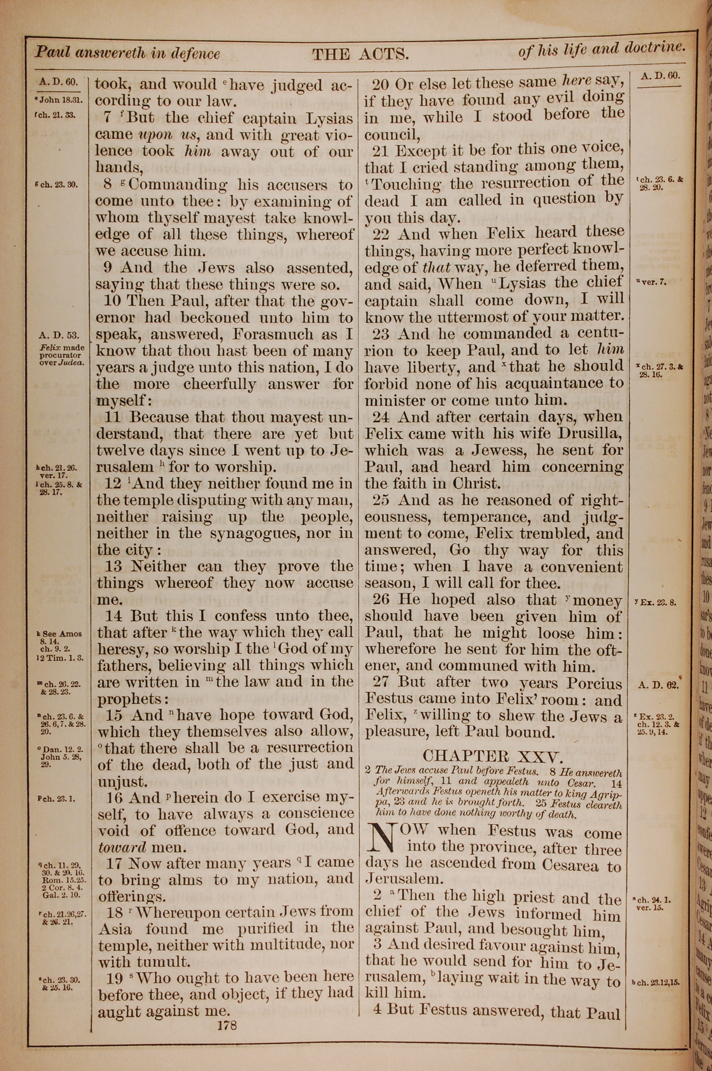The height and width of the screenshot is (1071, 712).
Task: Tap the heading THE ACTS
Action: [361, 54]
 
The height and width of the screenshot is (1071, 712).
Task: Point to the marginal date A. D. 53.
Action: [59, 335]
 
